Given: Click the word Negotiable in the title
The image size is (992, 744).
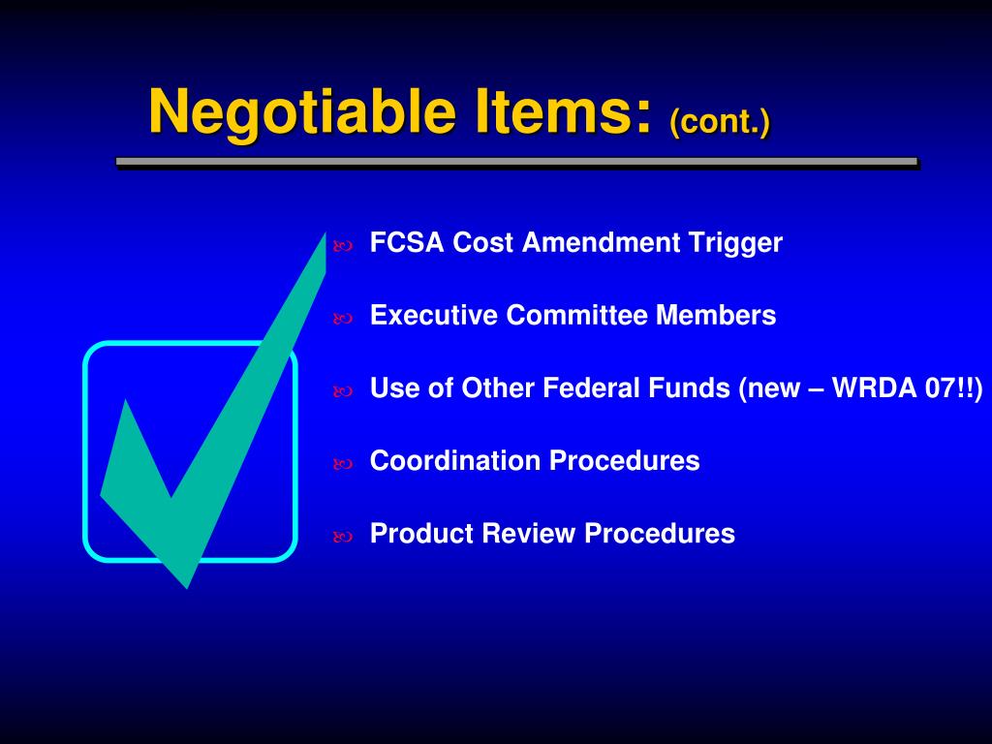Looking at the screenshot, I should coord(302,112).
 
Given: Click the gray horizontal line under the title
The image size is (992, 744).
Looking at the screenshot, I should coord(516,162).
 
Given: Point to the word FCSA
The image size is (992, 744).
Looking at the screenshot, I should coord(408,242).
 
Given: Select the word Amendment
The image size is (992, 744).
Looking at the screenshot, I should coord(601,242).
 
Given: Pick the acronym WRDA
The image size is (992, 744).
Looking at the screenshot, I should coord(862,387).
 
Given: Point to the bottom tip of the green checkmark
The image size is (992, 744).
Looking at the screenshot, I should coord(185,586).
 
